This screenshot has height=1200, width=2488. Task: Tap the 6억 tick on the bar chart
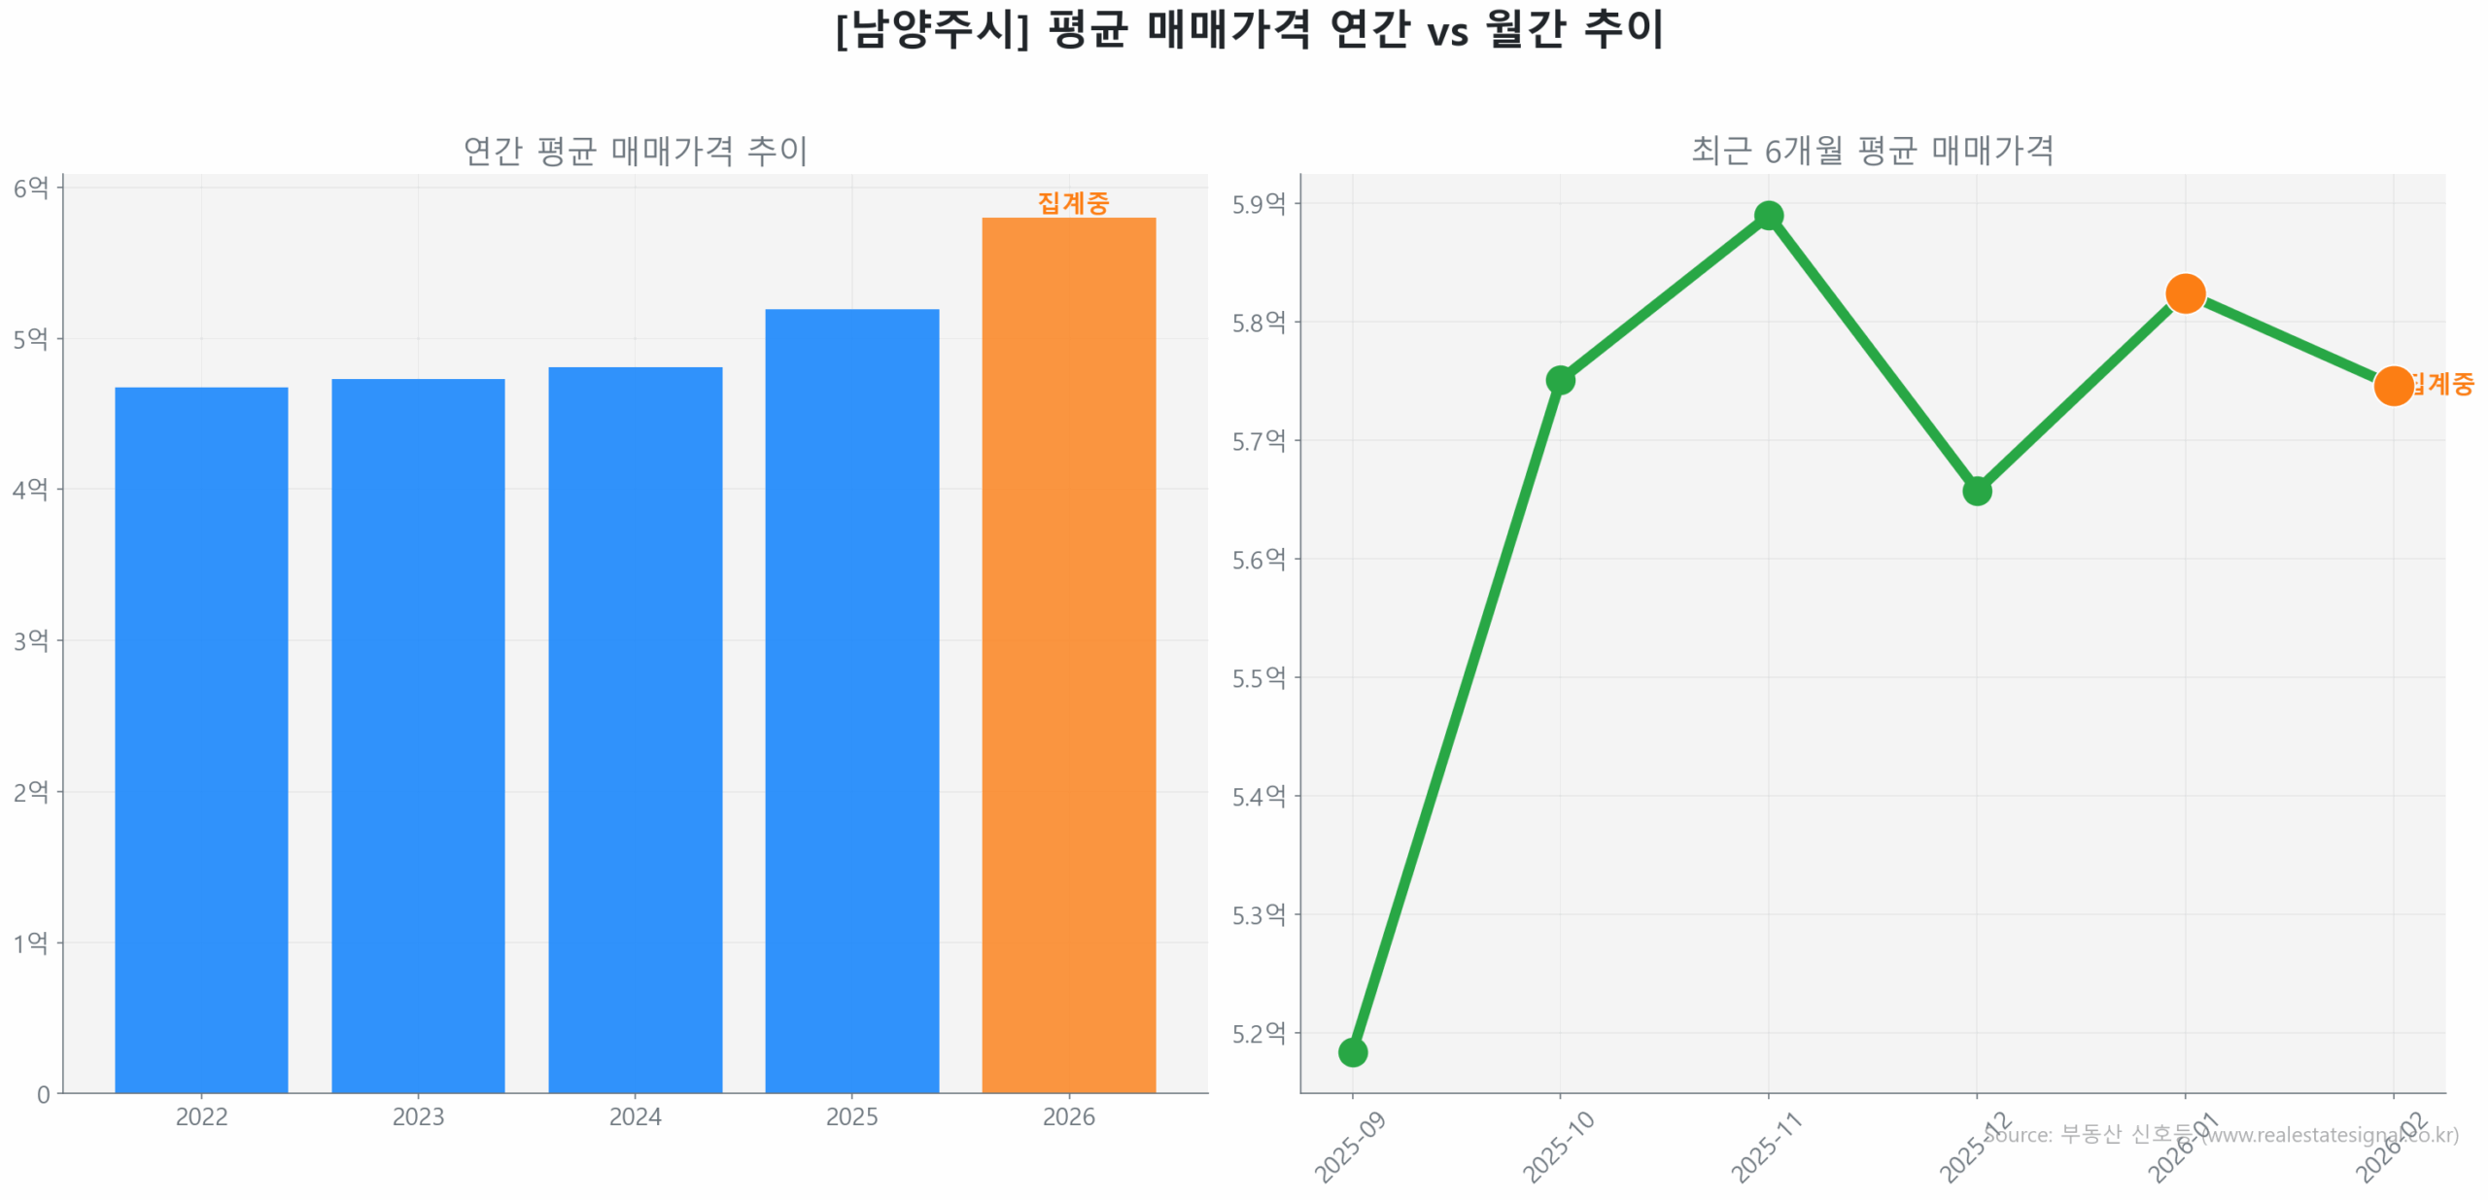point(31,187)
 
